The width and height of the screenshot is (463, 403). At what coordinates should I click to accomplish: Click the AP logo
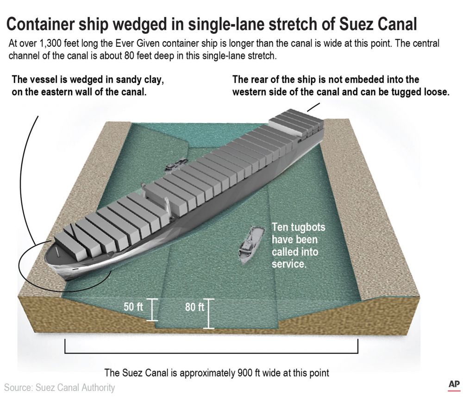[x=453, y=385]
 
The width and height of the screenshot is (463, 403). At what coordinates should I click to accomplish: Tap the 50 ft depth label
[x=133, y=307]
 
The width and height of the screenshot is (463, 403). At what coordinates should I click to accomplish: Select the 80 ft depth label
[x=194, y=307]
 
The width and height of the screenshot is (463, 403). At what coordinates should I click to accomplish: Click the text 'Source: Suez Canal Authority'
[x=60, y=387]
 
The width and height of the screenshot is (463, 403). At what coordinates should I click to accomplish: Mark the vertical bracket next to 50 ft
[x=153, y=309]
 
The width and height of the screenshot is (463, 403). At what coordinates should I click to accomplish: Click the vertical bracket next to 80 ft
[x=210, y=313]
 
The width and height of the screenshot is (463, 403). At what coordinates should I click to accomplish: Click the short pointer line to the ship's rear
[x=313, y=107]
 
